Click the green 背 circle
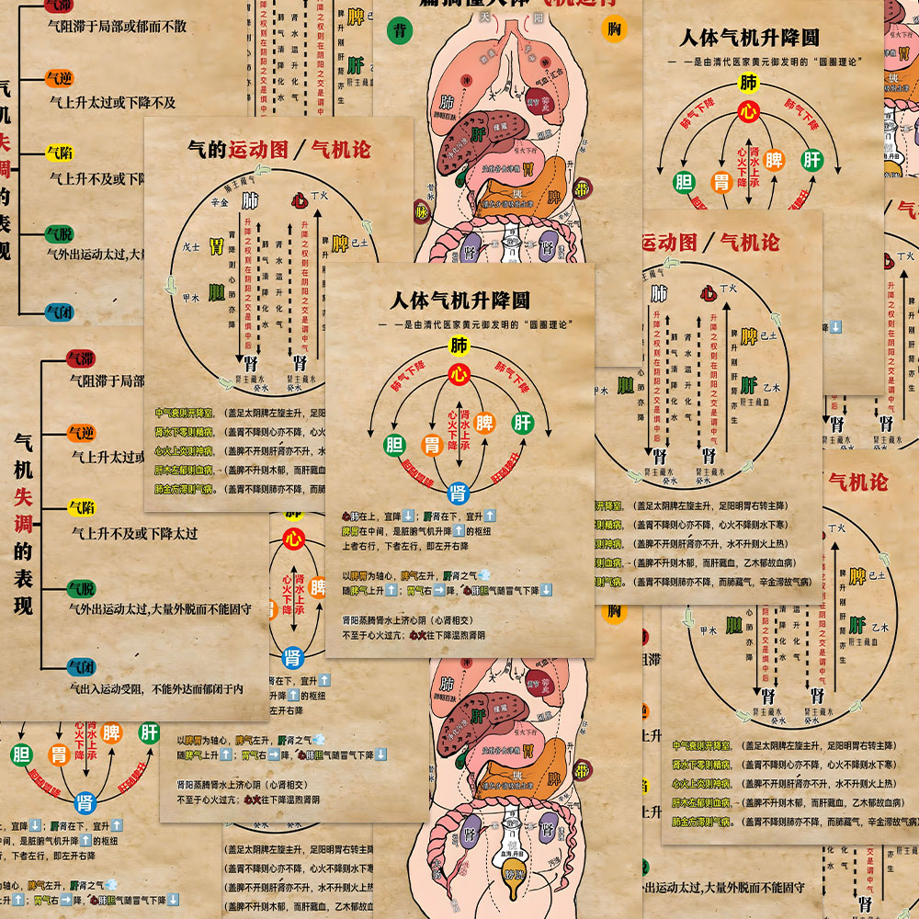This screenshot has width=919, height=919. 401,30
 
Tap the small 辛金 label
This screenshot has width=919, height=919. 219,201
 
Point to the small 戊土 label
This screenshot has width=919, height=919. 190,246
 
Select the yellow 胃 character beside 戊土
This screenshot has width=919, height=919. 216,245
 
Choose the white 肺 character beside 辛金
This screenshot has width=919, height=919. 249,200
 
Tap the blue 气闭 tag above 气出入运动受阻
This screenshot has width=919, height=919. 81,667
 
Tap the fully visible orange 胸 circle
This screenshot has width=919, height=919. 615,30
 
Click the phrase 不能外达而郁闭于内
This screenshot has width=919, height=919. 198,687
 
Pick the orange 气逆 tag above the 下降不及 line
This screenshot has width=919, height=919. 60,79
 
